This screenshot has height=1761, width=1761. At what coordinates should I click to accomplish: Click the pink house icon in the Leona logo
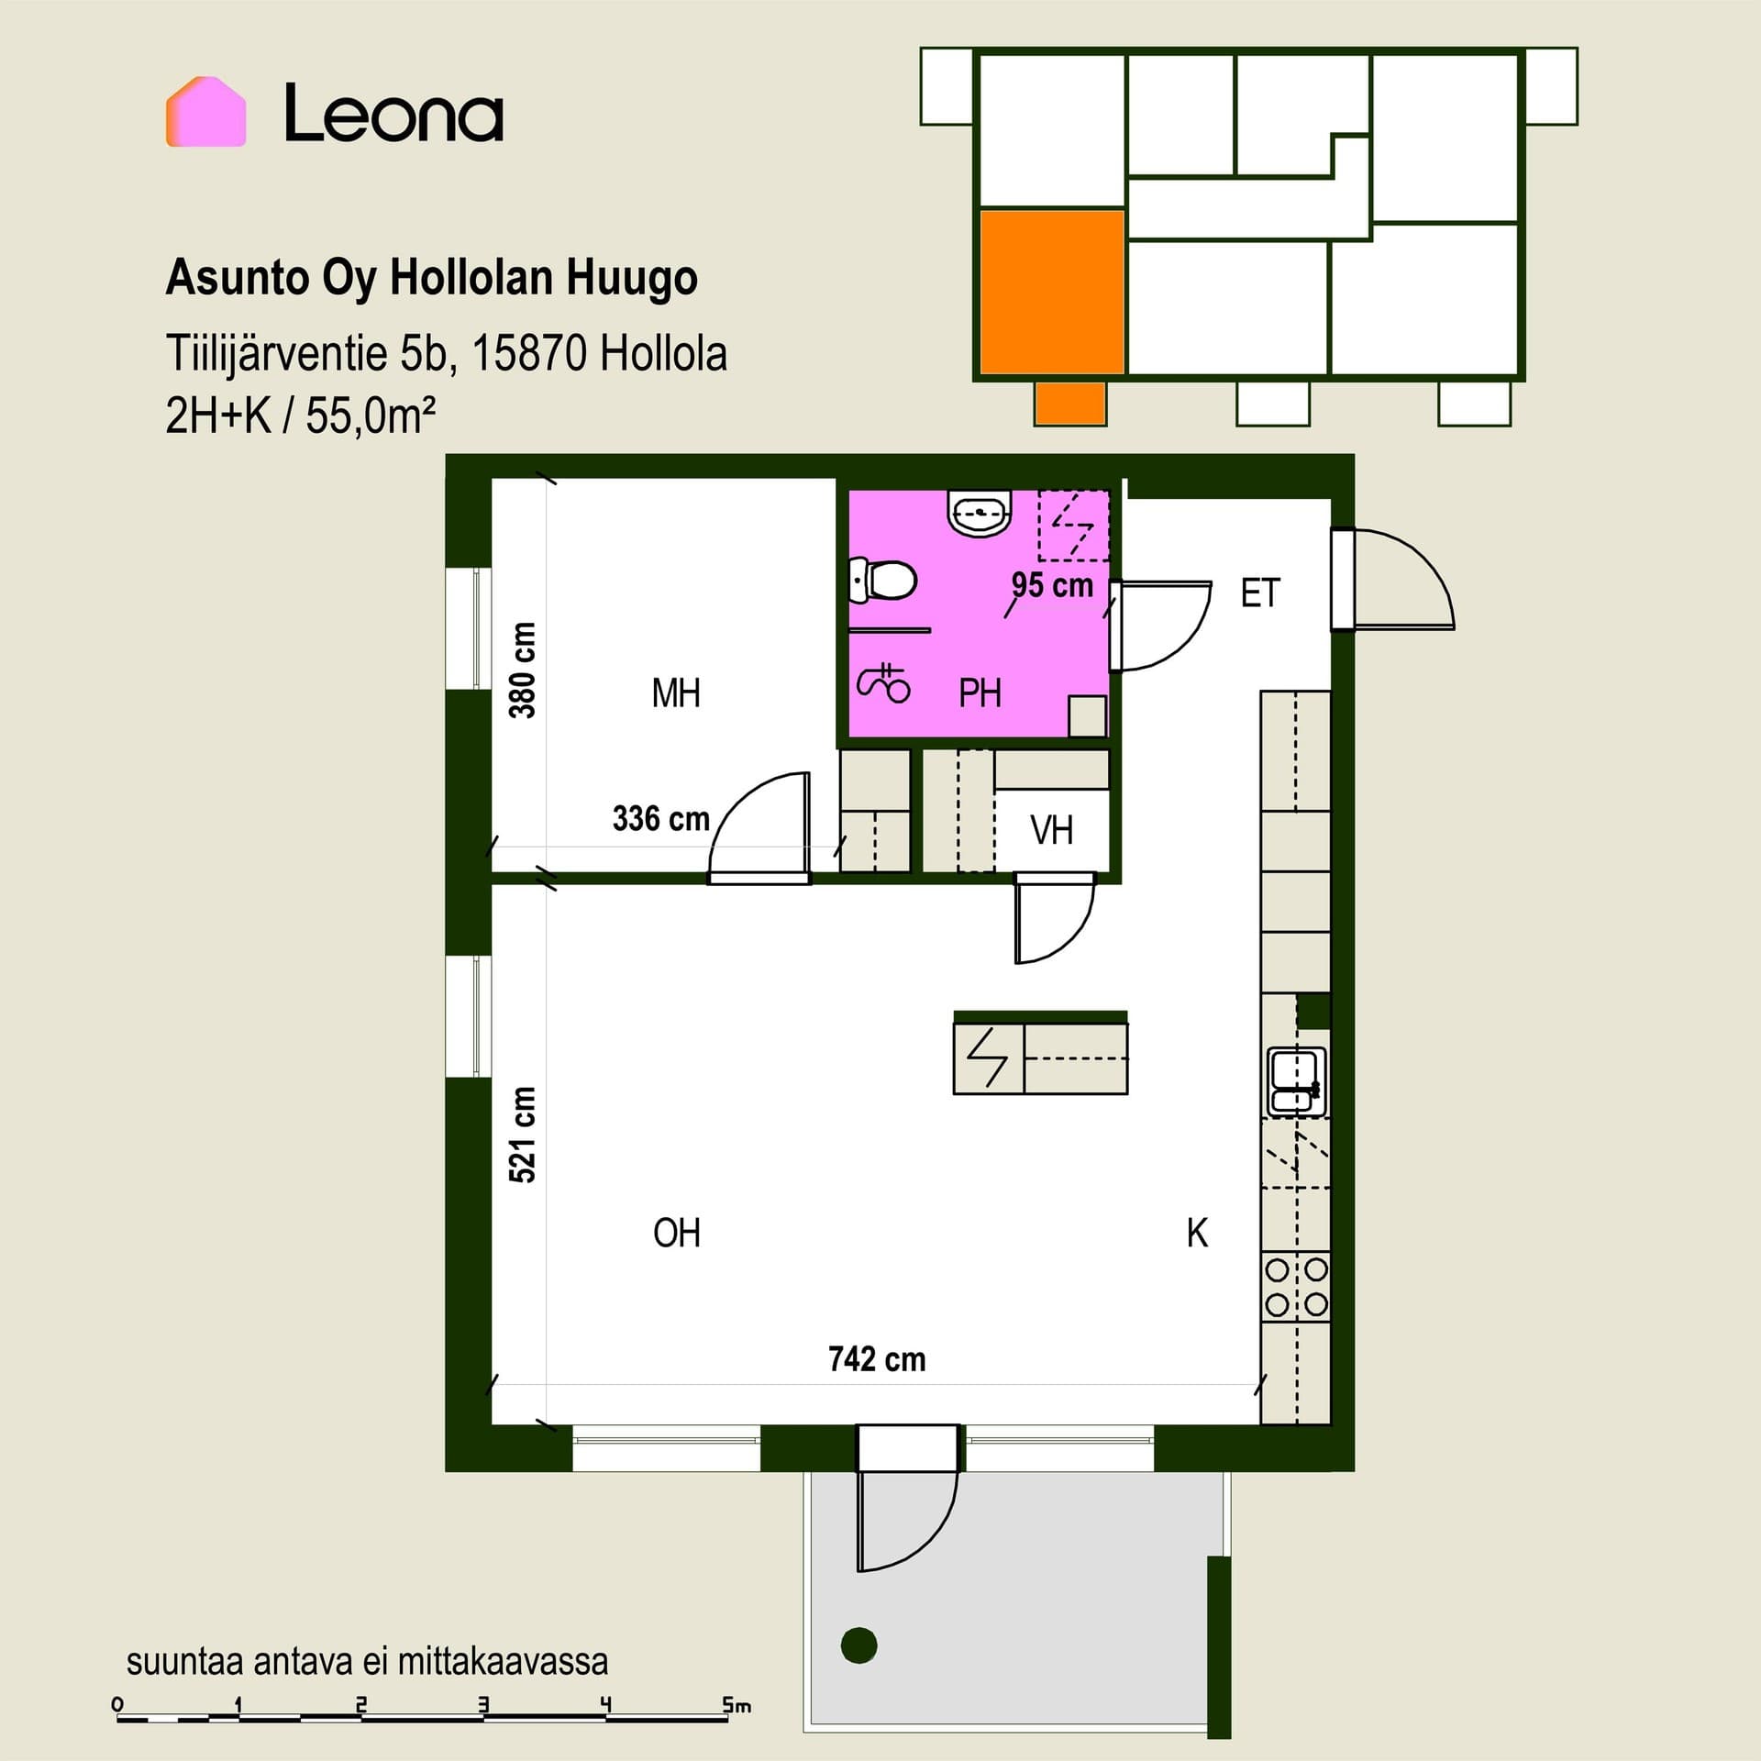tap(205, 112)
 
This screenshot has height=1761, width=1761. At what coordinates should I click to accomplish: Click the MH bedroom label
tap(676, 693)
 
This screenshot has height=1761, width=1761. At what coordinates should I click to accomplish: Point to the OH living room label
tap(677, 1233)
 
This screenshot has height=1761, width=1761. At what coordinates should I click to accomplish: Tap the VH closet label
tap(1051, 830)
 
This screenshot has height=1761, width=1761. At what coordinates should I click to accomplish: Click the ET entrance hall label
tap(1260, 593)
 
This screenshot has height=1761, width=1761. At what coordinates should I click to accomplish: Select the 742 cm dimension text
tap(877, 1358)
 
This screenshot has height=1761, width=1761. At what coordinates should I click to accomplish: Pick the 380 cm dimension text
tap(523, 670)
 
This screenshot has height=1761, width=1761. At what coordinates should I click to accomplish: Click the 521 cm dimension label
tap(523, 1135)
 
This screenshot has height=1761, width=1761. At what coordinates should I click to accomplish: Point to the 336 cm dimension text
tap(661, 818)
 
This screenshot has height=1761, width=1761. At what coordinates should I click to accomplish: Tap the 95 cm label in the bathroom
tap(1052, 585)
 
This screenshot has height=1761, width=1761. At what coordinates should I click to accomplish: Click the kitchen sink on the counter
tap(1296, 1082)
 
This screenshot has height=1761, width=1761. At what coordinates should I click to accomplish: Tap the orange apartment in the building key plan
tap(1052, 292)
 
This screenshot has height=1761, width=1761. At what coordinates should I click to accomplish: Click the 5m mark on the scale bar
tap(736, 1705)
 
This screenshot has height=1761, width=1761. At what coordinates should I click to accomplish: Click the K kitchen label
tap(1197, 1234)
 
